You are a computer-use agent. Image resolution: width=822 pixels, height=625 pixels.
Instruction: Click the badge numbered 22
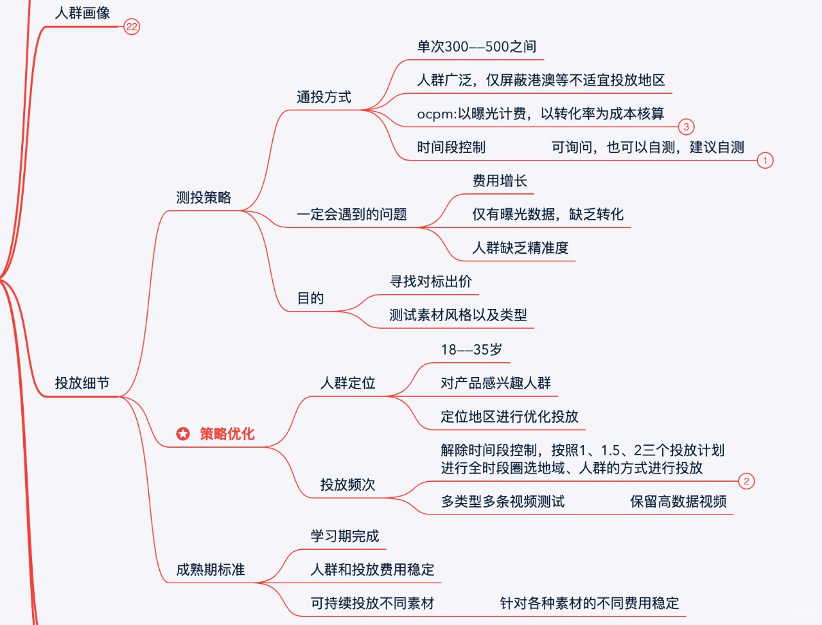(132, 27)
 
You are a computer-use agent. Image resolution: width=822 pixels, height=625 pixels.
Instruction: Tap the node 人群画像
(82, 13)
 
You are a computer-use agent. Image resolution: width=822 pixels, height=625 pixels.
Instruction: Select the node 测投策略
(204, 198)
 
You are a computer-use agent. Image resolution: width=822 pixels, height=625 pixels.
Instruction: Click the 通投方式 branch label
(324, 97)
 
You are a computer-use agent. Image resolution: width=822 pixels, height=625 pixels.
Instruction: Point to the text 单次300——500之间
(477, 47)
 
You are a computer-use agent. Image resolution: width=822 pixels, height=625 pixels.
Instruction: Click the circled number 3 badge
(686, 127)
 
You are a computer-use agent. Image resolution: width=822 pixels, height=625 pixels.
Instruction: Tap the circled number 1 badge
(765, 161)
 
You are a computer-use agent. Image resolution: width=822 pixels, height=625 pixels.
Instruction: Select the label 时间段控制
(451, 148)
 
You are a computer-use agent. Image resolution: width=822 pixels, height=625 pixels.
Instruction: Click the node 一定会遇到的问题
(351, 215)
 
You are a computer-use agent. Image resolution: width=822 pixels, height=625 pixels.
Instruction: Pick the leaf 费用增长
(500, 181)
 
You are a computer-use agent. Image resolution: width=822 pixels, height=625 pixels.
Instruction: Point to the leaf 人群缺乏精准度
(520, 248)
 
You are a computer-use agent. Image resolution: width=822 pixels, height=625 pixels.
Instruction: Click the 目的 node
(310, 298)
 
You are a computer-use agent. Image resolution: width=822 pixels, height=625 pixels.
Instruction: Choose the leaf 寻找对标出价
(431, 281)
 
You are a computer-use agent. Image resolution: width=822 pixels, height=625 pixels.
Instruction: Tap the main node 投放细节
(82, 383)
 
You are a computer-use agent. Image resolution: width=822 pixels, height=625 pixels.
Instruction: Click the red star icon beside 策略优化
(183, 434)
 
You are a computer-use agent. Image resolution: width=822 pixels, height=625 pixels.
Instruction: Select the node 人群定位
(347, 383)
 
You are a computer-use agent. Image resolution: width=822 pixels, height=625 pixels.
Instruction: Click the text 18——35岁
(471, 350)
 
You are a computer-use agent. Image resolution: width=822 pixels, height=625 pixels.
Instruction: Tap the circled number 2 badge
(746, 481)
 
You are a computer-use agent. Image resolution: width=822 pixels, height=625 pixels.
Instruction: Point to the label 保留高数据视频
(678, 502)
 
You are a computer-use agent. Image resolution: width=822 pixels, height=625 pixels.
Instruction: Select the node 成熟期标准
(211, 570)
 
